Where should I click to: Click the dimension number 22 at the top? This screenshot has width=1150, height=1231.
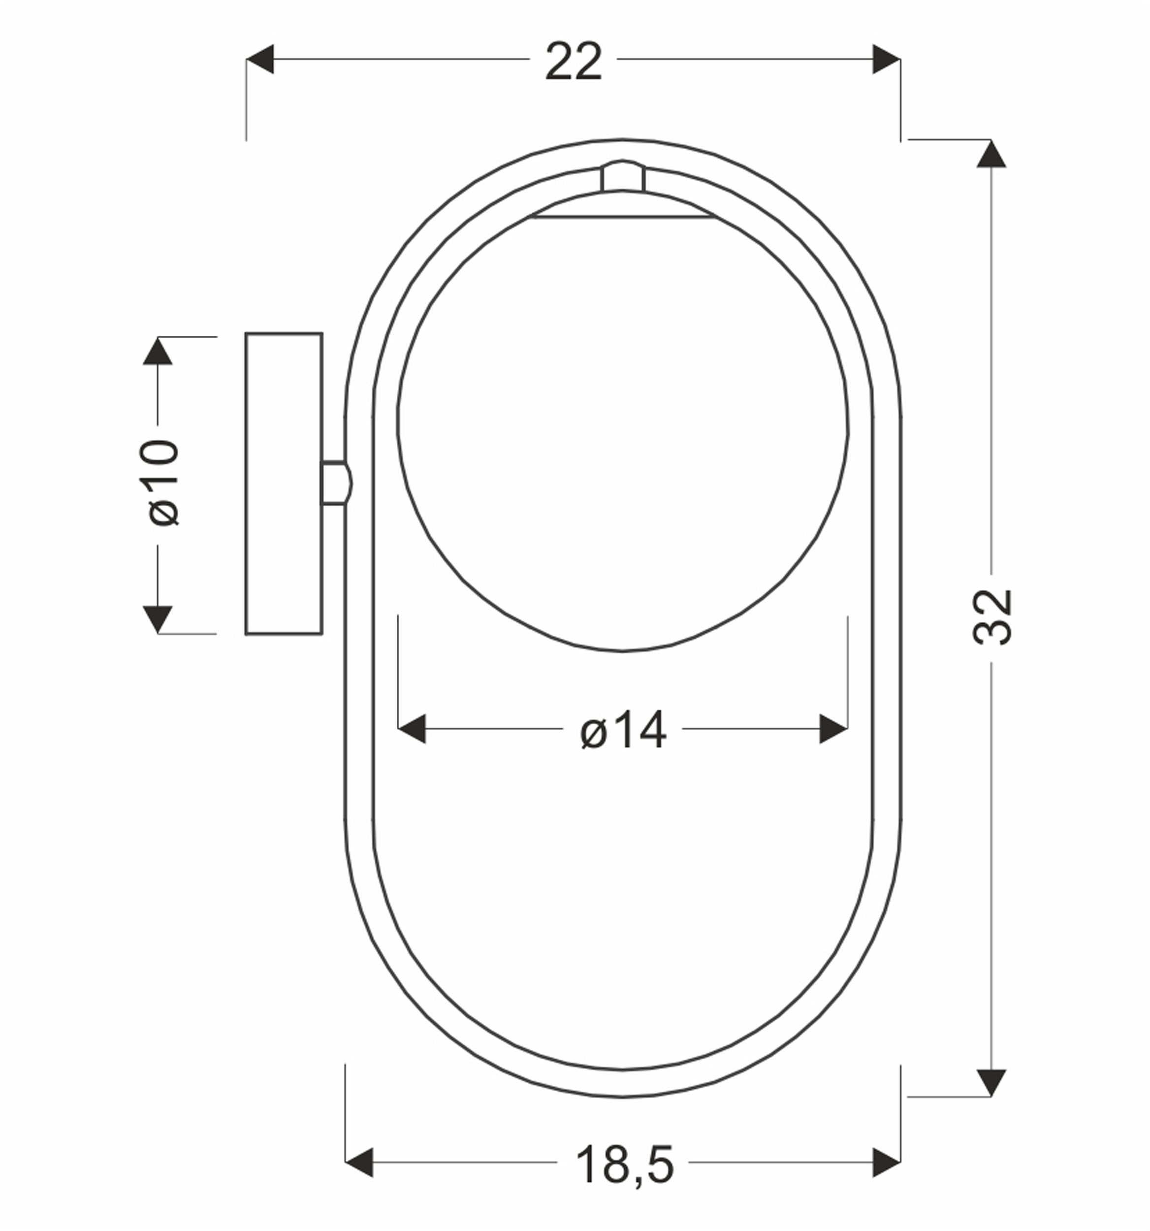(x=573, y=61)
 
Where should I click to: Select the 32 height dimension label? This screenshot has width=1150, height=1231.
(x=992, y=617)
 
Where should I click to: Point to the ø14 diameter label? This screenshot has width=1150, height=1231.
(x=623, y=729)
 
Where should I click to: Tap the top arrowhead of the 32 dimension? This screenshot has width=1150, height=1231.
(x=991, y=154)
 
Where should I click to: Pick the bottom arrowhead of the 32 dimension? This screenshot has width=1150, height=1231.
(x=991, y=1083)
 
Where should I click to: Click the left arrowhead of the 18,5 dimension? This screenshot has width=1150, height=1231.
(x=359, y=1162)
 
